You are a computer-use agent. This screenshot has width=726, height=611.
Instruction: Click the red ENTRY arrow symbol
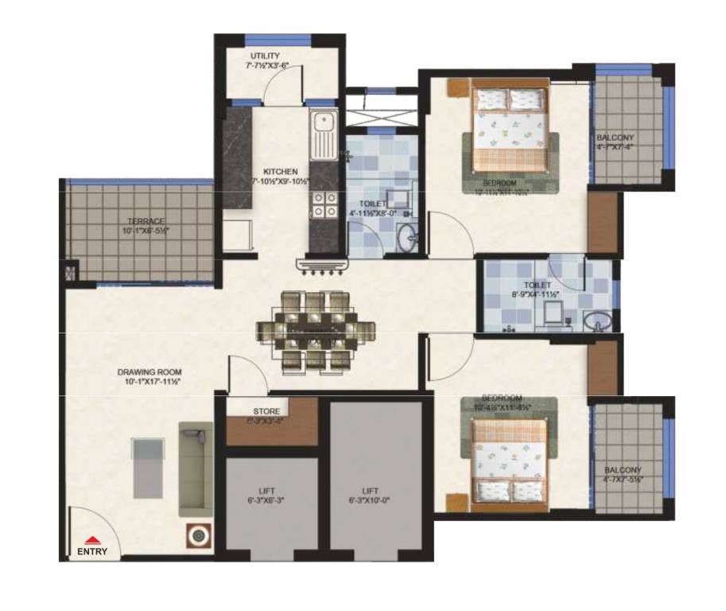[93, 539]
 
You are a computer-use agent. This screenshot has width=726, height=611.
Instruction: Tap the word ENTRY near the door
[93, 551]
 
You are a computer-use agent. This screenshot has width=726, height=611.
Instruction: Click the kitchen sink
[323, 135]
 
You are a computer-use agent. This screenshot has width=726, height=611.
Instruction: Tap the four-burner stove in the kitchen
[323, 204]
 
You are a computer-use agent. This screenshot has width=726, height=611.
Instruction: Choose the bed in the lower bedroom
[510, 461]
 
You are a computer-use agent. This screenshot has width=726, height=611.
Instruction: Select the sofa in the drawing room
[195, 469]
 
